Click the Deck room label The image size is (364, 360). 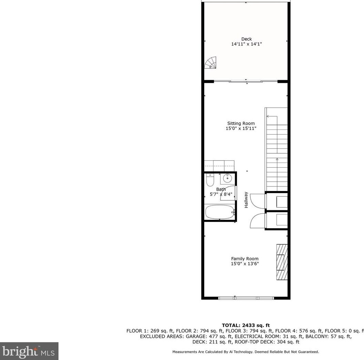246,39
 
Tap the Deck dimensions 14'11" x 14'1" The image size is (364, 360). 246,44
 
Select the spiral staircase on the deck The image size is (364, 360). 211,63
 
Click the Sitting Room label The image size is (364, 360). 241,124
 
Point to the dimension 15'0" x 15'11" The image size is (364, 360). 241,128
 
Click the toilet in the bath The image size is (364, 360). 210,180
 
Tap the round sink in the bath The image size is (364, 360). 227,178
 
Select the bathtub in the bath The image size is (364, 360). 220,212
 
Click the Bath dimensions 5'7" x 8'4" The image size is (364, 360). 221,194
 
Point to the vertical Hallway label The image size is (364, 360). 246,200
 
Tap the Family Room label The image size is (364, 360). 245,259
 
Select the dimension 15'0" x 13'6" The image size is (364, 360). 245,264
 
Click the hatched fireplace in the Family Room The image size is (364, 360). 282,262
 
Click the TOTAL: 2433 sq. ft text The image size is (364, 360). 246,325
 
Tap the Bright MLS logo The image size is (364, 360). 29,351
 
